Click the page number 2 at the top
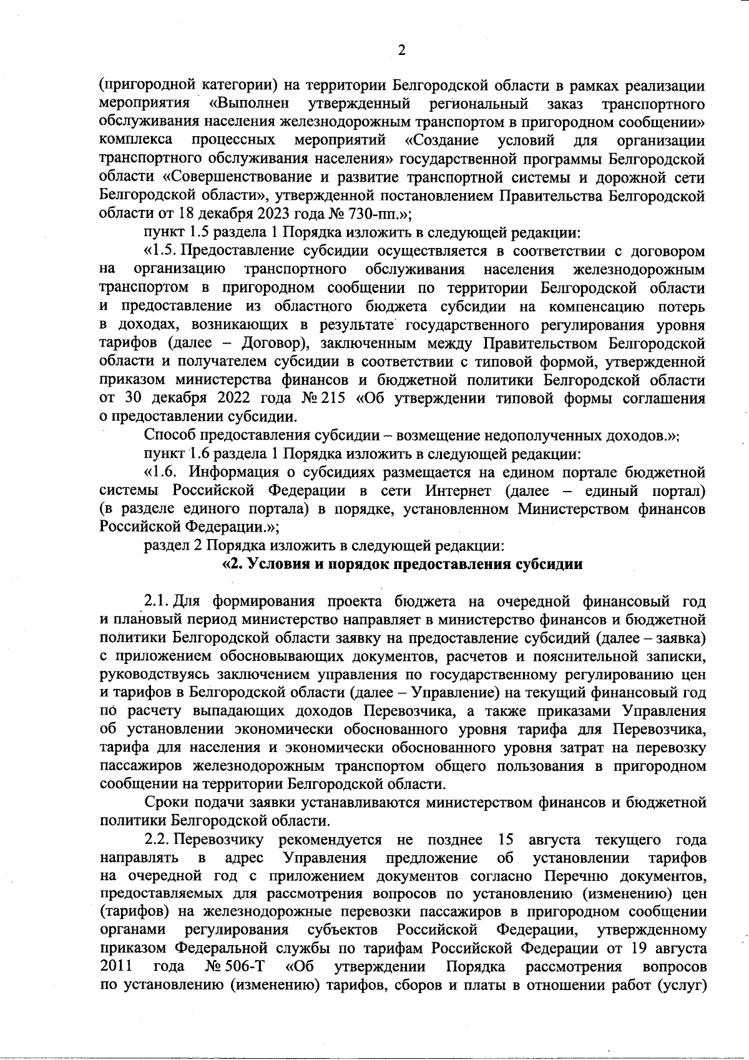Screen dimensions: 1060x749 (x=402, y=51)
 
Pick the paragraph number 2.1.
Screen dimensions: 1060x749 (x=156, y=602)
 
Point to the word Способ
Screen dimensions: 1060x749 (x=165, y=435)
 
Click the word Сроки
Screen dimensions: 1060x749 (x=164, y=801)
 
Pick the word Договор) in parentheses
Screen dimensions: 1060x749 (x=268, y=343)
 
